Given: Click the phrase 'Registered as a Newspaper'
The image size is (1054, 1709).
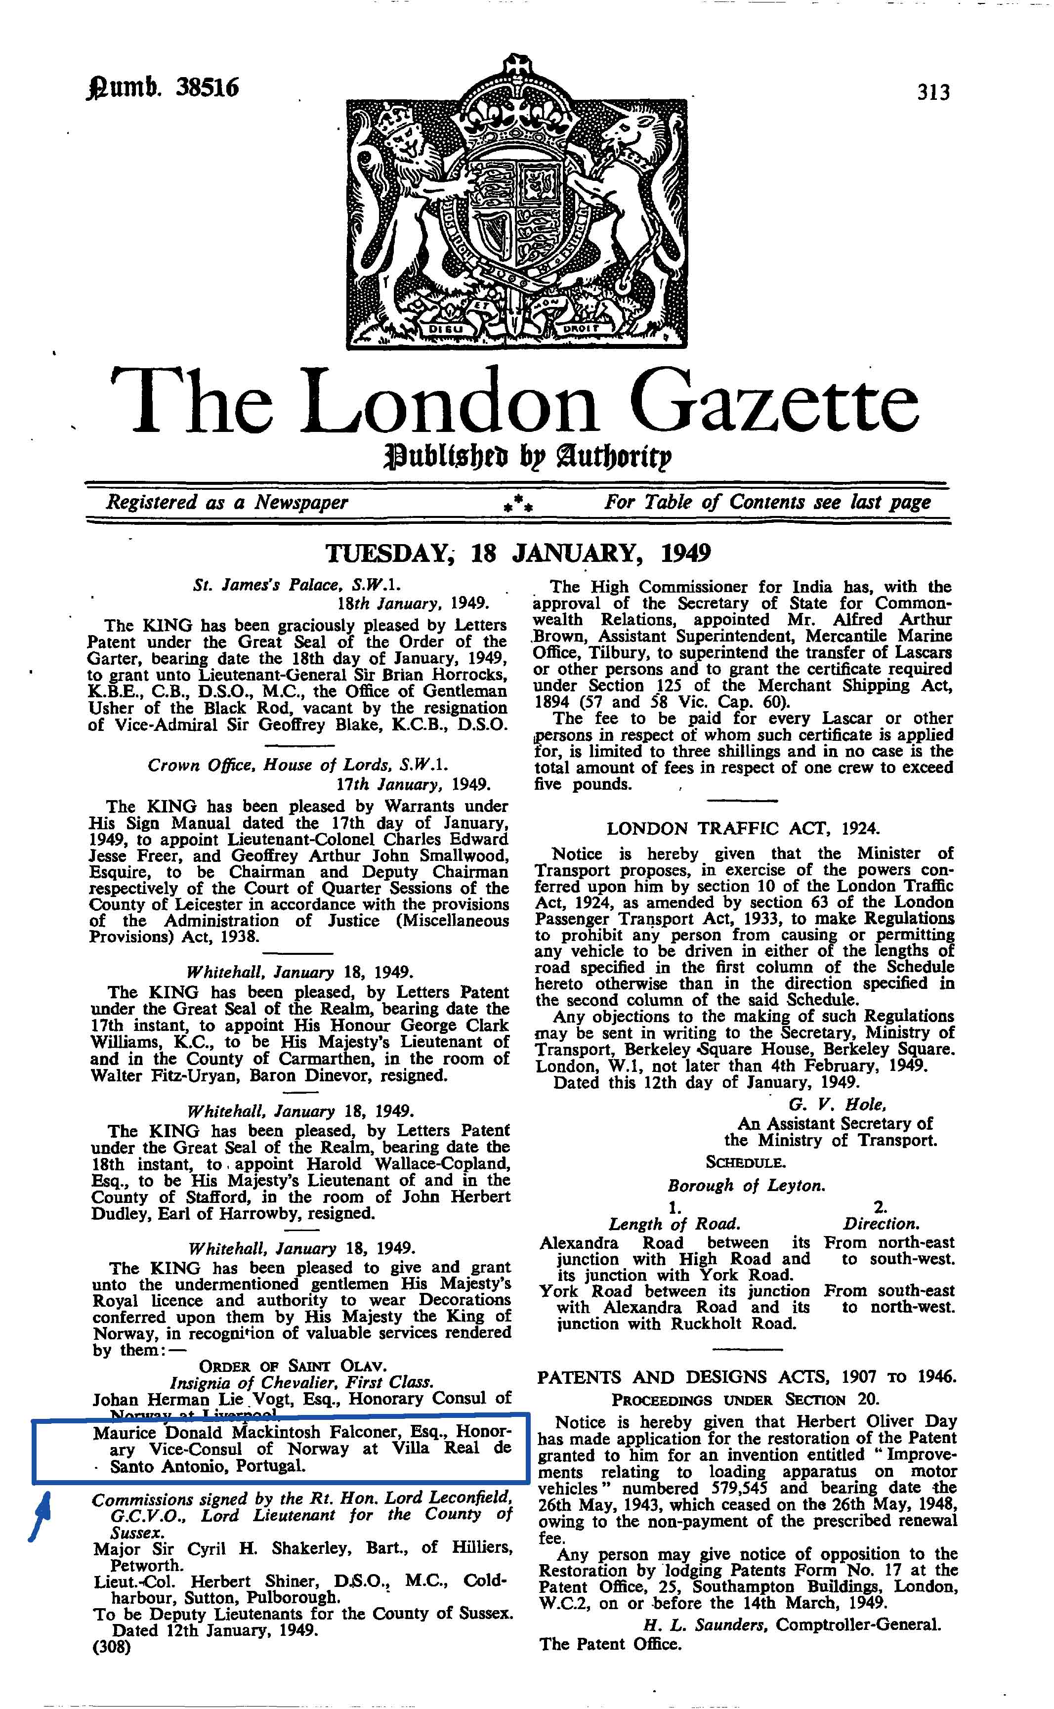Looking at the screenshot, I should tap(226, 503).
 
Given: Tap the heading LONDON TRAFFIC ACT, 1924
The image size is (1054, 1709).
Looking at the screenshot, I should tap(743, 829).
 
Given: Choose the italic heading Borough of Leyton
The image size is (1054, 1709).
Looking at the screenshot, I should tap(746, 1186).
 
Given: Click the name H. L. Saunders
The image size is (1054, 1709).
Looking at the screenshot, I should tap(705, 1624).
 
